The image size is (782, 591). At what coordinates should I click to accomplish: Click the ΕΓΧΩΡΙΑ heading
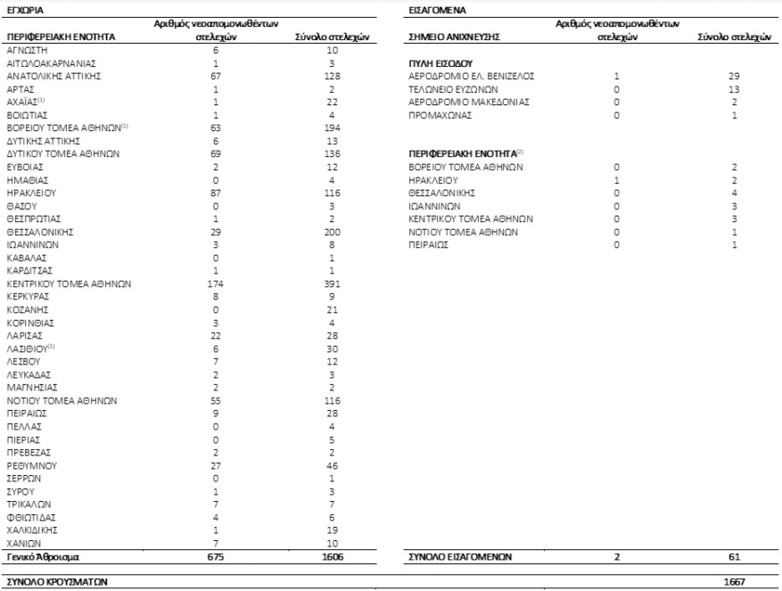[27, 9]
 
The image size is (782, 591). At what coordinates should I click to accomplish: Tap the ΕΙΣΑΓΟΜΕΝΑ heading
[430, 9]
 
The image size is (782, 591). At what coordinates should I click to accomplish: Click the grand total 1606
[332, 556]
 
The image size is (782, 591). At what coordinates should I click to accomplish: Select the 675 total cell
[215, 556]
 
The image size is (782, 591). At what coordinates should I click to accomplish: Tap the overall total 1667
[734, 579]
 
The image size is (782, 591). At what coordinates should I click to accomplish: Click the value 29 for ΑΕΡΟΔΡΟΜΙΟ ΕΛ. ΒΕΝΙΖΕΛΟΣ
[734, 76]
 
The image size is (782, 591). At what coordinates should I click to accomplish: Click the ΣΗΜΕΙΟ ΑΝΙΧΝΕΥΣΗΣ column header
[453, 37]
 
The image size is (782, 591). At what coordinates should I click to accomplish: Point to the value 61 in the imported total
[734, 556]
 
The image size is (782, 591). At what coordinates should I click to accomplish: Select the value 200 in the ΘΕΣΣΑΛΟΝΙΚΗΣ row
[332, 231]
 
